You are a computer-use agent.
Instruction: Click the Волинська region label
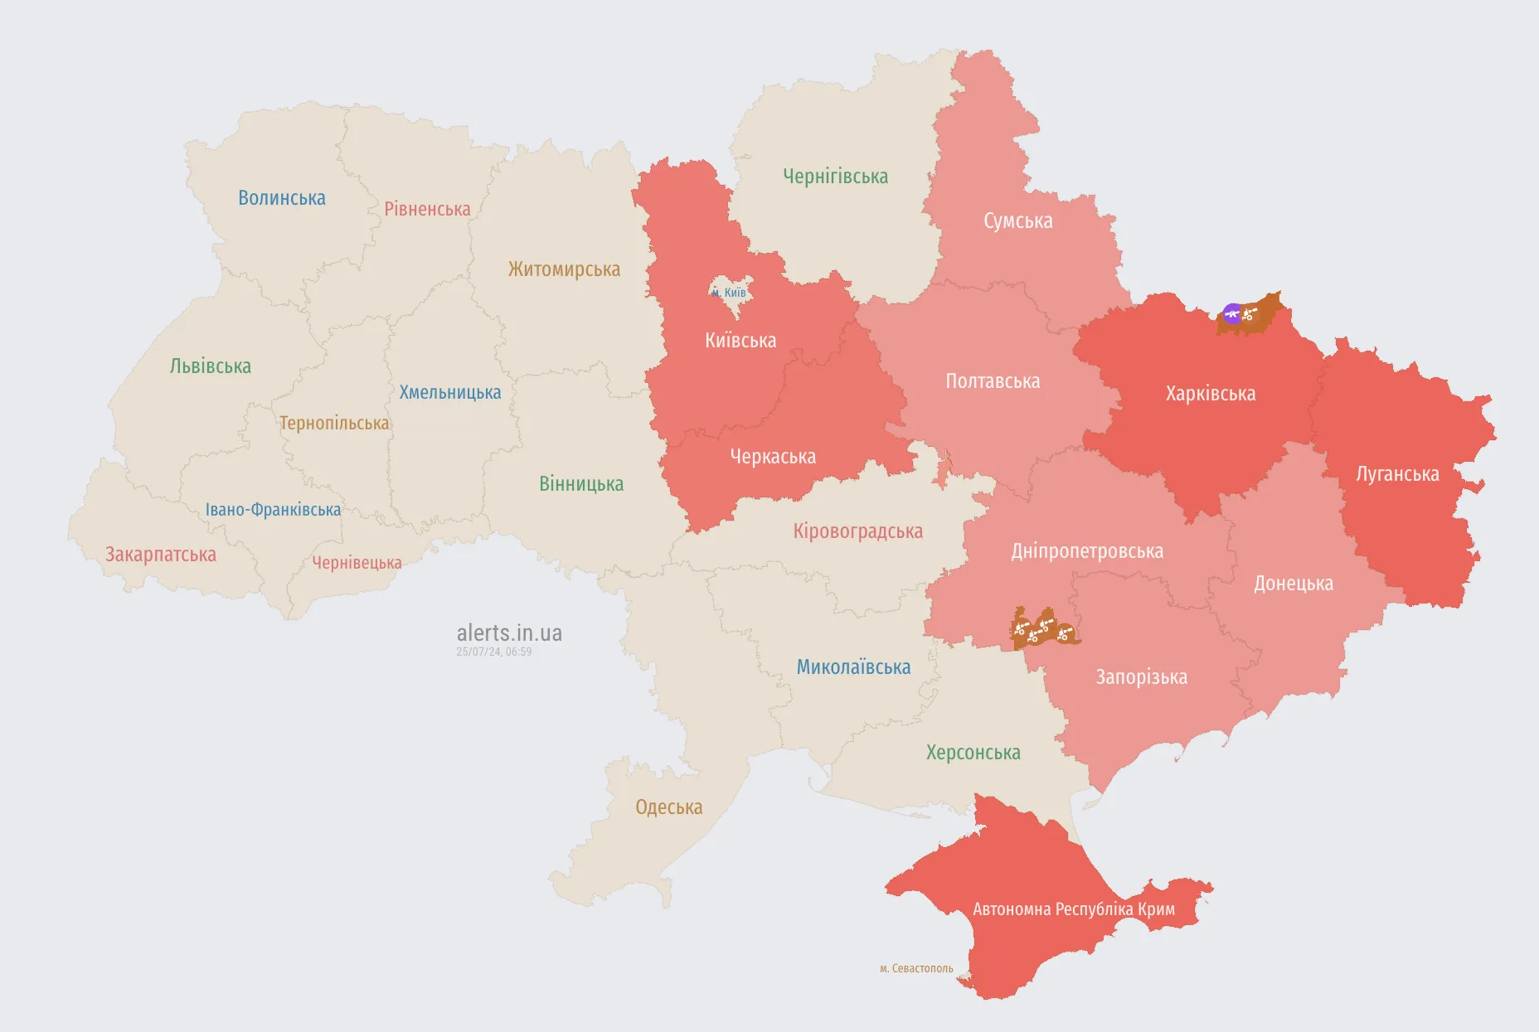281,198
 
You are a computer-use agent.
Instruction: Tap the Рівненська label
427,209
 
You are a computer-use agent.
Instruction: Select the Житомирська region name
564,269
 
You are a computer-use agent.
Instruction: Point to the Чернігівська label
835,177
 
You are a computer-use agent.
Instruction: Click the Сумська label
1017,221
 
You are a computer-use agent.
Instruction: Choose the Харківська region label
1210,394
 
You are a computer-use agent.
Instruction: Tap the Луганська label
1397,474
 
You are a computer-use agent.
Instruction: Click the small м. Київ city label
729,293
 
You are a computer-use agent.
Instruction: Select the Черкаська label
773,457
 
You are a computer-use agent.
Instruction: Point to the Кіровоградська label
857,531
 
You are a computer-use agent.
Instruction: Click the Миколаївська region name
853,667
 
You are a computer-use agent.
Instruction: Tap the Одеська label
668,807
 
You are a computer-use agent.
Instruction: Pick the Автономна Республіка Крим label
1073,909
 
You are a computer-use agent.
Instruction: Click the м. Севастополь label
916,968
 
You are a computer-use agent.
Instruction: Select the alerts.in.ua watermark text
509,633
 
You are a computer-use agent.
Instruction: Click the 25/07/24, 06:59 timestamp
493,652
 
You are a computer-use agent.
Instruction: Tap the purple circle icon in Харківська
1232,313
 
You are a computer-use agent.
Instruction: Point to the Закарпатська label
160,555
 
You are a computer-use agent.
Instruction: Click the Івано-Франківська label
273,510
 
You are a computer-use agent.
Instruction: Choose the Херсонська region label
973,753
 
